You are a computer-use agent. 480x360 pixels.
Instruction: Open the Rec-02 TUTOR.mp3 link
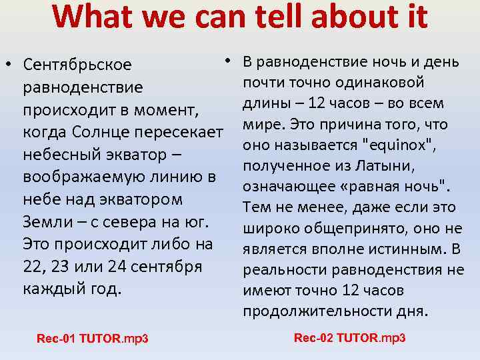349,338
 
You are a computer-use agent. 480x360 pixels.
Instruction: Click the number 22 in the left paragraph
32,267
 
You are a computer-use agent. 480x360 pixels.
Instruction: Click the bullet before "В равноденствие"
227,61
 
